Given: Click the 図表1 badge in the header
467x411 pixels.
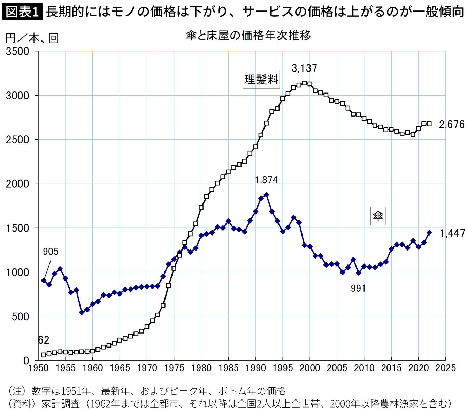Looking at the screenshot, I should tap(22, 12).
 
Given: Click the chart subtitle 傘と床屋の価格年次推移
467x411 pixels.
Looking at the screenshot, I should tap(248, 35).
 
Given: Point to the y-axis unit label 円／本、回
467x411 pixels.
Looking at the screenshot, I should tap(32, 38).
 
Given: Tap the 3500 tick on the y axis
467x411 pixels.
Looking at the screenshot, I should tap(17, 51).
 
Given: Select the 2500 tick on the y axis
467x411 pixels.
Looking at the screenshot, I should tap(17, 140).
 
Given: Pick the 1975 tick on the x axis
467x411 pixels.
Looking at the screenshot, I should tap(174, 368).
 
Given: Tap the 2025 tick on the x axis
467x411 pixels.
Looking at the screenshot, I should tap(445, 368).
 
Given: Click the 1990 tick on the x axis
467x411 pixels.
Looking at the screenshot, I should tap(255, 368).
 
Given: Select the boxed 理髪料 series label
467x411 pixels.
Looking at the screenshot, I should tap(261, 80).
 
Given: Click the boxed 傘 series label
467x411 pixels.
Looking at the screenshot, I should tap(378, 216).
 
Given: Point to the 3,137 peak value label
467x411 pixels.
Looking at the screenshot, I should tap(304, 68).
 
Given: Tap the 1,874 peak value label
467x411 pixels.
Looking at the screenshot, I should tap(266, 180).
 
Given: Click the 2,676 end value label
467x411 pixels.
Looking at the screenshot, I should tap(452, 124).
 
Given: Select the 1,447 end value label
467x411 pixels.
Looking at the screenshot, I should tap(452, 233).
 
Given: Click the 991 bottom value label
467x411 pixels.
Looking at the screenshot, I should tap(358, 288).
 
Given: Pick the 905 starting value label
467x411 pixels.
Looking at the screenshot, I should tap(51, 252).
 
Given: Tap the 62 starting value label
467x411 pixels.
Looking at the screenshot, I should tap(44, 340).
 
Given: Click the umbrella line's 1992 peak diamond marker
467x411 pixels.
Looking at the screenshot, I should tap(266, 195).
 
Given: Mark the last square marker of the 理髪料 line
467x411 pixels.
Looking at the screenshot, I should tap(429, 124).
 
